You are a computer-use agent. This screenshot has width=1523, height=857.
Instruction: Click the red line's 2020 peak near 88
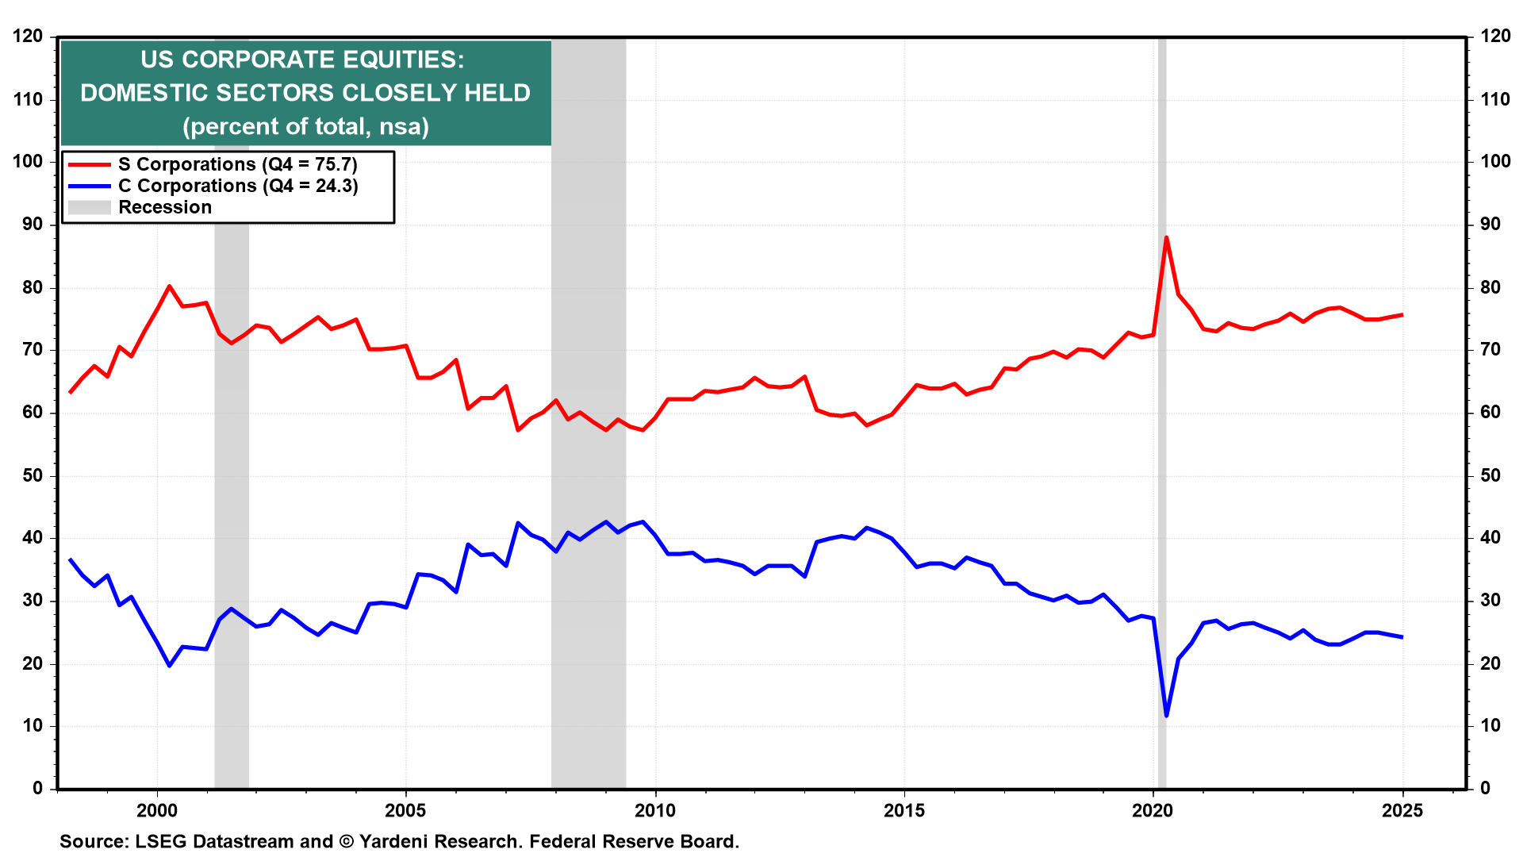tap(1166, 237)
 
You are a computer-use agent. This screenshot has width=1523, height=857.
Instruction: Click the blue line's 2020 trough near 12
tap(1166, 716)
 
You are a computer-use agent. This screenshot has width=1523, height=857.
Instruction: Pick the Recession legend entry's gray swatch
tap(89, 207)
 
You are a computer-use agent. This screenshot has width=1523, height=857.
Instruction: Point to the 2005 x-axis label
tap(405, 810)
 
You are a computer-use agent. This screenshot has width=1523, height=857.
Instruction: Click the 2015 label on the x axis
tap(904, 810)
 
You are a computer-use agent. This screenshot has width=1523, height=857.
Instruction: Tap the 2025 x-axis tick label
tap(1402, 810)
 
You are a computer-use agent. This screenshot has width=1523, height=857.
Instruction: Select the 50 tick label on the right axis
tap(1490, 475)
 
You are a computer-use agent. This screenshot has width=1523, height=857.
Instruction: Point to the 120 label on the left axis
tap(28, 37)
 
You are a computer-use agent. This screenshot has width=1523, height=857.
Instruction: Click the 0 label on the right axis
tap(1486, 788)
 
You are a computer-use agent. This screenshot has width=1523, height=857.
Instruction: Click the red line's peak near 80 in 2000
tap(169, 286)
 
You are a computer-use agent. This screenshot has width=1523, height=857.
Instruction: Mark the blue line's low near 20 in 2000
tap(169, 665)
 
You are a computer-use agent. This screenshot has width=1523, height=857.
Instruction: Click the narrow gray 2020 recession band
tap(1162, 476)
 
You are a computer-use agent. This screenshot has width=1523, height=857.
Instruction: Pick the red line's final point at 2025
tap(1402, 315)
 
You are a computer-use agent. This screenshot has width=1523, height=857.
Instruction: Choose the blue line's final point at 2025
tap(1402, 637)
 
